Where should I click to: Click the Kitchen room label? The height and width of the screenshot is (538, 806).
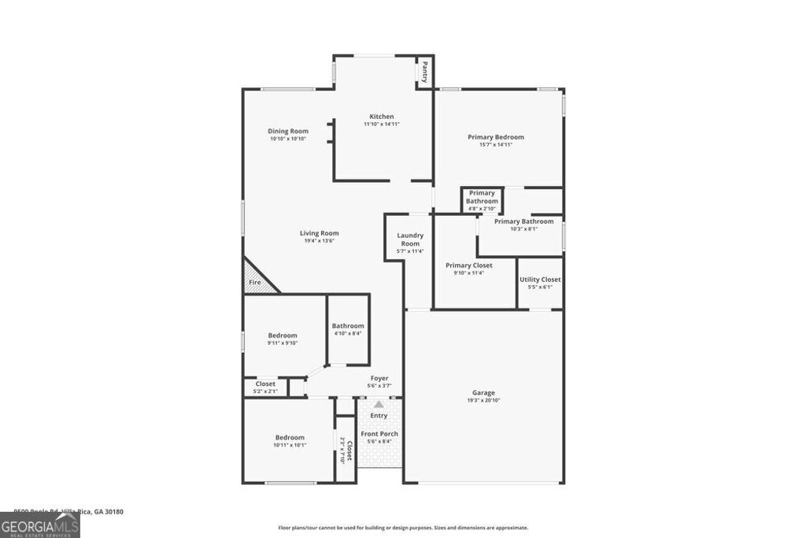point(382,117)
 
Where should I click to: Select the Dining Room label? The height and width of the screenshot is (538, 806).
point(288,131)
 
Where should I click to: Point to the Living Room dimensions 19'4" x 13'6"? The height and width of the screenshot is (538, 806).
point(320,241)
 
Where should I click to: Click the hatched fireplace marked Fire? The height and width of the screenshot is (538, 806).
point(257,280)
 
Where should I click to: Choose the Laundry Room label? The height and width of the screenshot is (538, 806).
point(410,239)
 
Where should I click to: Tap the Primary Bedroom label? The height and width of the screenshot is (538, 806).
point(496,137)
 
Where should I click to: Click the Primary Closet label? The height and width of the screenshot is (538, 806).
point(469,265)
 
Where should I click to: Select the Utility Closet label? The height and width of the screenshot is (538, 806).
point(540,280)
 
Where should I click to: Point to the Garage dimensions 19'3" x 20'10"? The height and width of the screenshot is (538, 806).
point(484,400)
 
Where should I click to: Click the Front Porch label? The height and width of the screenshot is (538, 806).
point(379,434)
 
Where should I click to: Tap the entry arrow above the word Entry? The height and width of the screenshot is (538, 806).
point(379,404)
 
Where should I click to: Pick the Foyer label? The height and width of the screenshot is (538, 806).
point(379,378)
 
